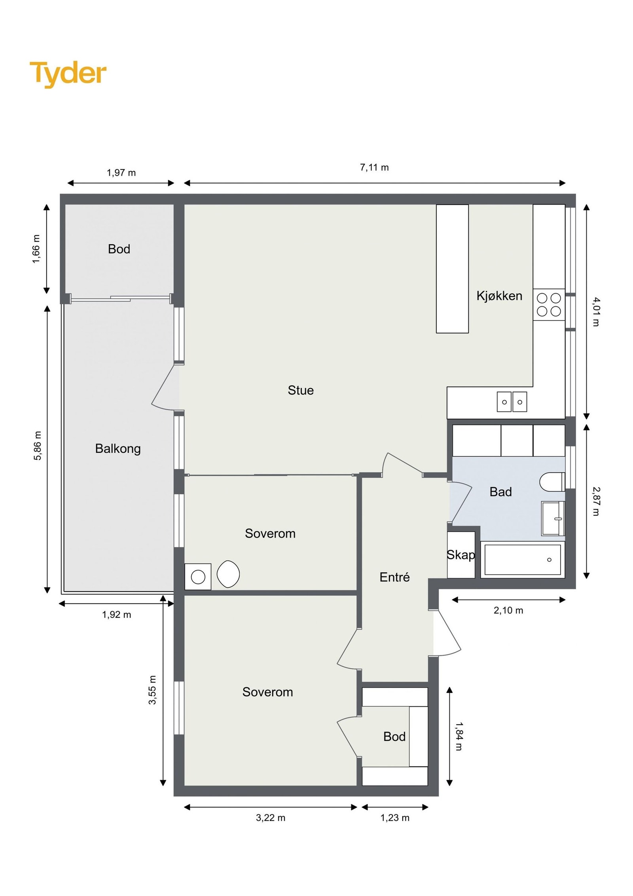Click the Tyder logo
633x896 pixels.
click(x=68, y=74)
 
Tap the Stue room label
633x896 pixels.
click(x=301, y=390)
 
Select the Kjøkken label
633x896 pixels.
click(x=499, y=296)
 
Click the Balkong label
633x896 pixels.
click(x=118, y=449)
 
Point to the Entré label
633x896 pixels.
click(x=394, y=577)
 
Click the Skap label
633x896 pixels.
click(x=461, y=555)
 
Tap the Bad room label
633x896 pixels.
click(x=500, y=492)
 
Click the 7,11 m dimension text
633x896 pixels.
click(x=374, y=167)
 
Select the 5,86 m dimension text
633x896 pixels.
click(x=37, y=446)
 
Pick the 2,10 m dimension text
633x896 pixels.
click(x=508, y=610)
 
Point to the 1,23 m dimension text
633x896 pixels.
click(x=395, y=818)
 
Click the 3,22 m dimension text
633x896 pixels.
click(x=271, y=818)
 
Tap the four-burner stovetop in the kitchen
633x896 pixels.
click(x=549, y=305)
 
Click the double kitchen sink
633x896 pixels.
click(x=512, y=402)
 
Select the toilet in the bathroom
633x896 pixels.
click(x=553, y=481)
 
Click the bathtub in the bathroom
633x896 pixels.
click(x=523, y=560)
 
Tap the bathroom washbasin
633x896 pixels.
click(x=553, y=518)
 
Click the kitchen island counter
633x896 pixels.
click(x=452, y=269)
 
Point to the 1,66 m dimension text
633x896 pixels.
click(x=36, y=249)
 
